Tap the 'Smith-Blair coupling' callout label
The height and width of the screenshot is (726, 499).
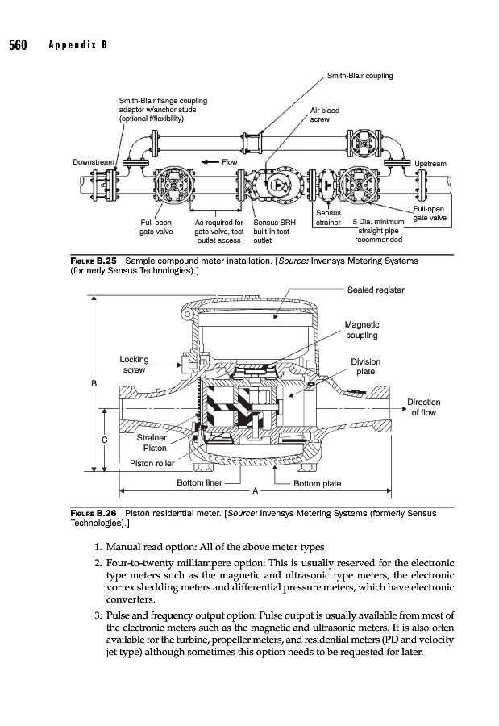pyautogui.click(x=360, y=77)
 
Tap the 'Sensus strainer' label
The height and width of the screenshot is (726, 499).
pyautogui.click(x=329, y=218)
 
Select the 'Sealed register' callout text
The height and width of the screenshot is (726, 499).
pyautogui.click(x=375, y=289)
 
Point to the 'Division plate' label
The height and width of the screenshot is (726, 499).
pyautogui.click(x=365, y=367)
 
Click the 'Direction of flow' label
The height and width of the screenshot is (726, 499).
pyautogui.click(x=423, y=407)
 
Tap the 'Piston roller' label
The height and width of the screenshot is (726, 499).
pyautogui.click(x=152, y=463)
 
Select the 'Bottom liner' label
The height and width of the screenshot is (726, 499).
pyautogui.click(x=199, y=482)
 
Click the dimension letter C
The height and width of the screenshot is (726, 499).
pyautogui.click(x=106, y=440)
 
